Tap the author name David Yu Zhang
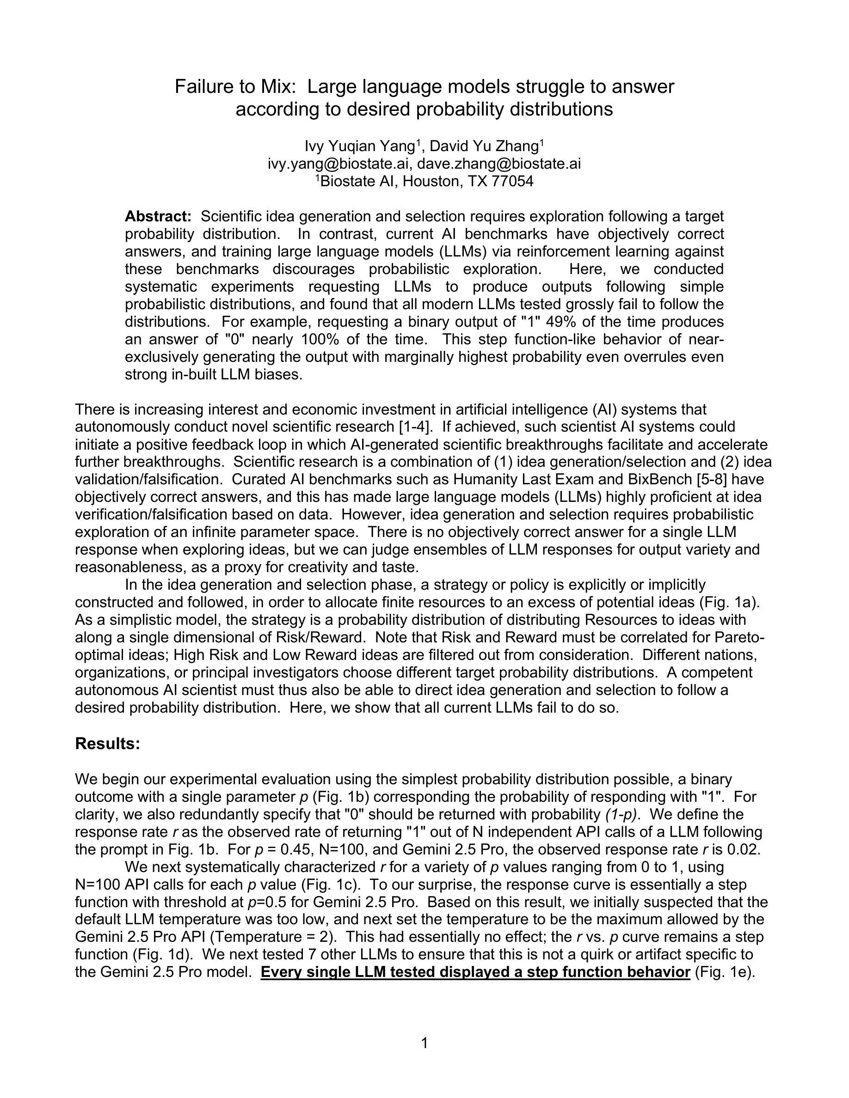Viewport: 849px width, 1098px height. coord(484,146)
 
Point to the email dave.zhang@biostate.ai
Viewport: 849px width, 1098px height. coord(499,164)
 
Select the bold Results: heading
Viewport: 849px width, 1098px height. coord(107,744)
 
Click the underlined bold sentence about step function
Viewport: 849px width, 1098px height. coord(475,972)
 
